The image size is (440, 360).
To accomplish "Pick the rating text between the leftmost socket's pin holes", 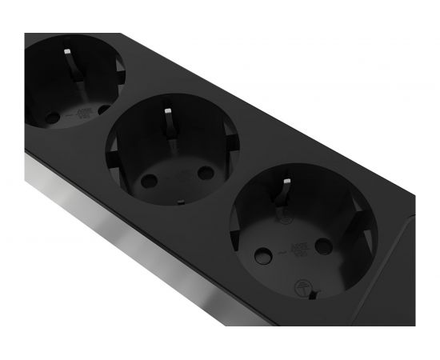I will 79,114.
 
